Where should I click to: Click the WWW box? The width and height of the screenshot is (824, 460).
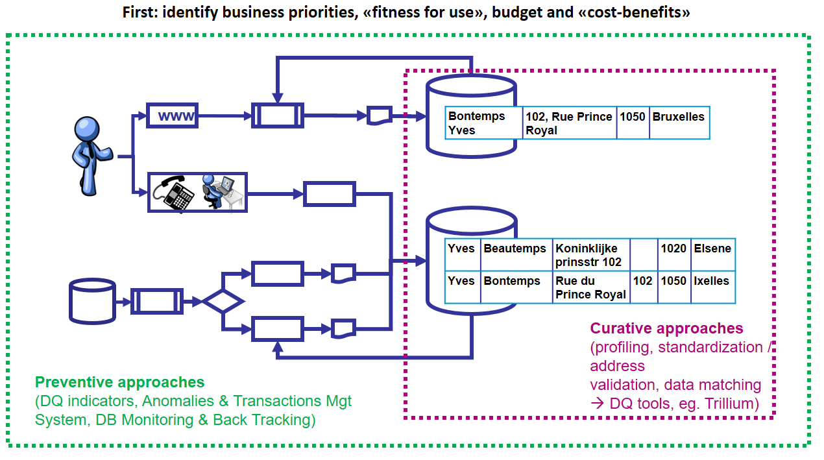173,116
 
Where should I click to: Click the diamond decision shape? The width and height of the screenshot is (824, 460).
223,301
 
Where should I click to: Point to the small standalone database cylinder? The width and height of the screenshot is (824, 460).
92,301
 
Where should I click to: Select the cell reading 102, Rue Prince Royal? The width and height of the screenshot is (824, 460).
569,123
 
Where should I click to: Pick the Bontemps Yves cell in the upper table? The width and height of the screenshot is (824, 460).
484,123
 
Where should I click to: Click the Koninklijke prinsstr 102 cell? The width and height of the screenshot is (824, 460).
590,255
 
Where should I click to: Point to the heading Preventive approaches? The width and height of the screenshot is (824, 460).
119,382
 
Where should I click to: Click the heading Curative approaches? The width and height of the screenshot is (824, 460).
666,328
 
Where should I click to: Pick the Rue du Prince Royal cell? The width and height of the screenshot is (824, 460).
590,287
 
